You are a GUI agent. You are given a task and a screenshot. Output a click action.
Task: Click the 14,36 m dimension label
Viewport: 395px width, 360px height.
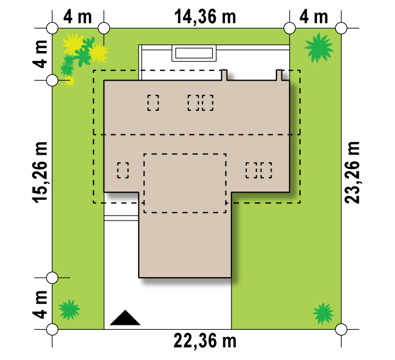coord(205,17)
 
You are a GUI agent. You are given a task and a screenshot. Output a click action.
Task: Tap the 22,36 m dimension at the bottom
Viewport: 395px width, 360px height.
coord(205,341)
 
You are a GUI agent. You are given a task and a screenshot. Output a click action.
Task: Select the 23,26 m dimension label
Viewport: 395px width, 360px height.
coord(352,172)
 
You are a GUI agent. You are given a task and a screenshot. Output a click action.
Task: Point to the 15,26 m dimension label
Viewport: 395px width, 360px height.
coord(40,172)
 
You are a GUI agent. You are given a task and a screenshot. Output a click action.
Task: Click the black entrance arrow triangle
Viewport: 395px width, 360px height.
coord(125,318)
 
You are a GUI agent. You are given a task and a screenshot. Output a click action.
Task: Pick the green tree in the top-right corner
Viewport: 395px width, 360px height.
coord(319,48)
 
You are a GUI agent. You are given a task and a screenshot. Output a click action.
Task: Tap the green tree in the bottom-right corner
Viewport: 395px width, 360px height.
coord(323,313)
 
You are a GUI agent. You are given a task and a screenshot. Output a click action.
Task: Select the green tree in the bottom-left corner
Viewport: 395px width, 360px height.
coord(69,310)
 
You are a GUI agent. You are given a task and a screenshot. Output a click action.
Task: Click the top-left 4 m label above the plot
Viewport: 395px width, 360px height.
coord(77,17)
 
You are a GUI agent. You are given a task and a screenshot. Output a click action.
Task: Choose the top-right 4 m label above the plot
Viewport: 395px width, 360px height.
coord(314,17)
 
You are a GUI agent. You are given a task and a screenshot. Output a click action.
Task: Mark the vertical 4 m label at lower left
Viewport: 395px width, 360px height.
coord(40,305)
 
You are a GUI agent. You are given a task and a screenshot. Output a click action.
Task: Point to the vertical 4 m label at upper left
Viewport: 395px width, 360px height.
coord(40,54)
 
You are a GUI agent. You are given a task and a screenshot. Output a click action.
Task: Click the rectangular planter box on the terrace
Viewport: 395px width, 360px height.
coord(194,53)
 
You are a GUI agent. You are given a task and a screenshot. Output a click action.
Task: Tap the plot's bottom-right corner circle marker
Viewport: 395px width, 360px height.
coord(341,329)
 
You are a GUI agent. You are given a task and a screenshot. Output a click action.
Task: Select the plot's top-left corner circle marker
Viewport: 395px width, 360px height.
coord(52,28)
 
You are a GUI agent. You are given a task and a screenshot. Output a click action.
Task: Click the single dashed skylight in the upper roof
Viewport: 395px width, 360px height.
coord(153,103)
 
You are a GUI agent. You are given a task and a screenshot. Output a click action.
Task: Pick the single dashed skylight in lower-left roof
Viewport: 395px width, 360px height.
coord(123,170)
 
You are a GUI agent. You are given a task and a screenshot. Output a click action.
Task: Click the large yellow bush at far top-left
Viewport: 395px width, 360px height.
coord(73,44)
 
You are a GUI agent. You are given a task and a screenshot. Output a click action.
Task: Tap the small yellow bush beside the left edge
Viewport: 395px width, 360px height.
coord(70,81)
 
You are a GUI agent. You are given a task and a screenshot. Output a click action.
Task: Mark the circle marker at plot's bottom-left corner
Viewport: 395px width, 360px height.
coord(52,329)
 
